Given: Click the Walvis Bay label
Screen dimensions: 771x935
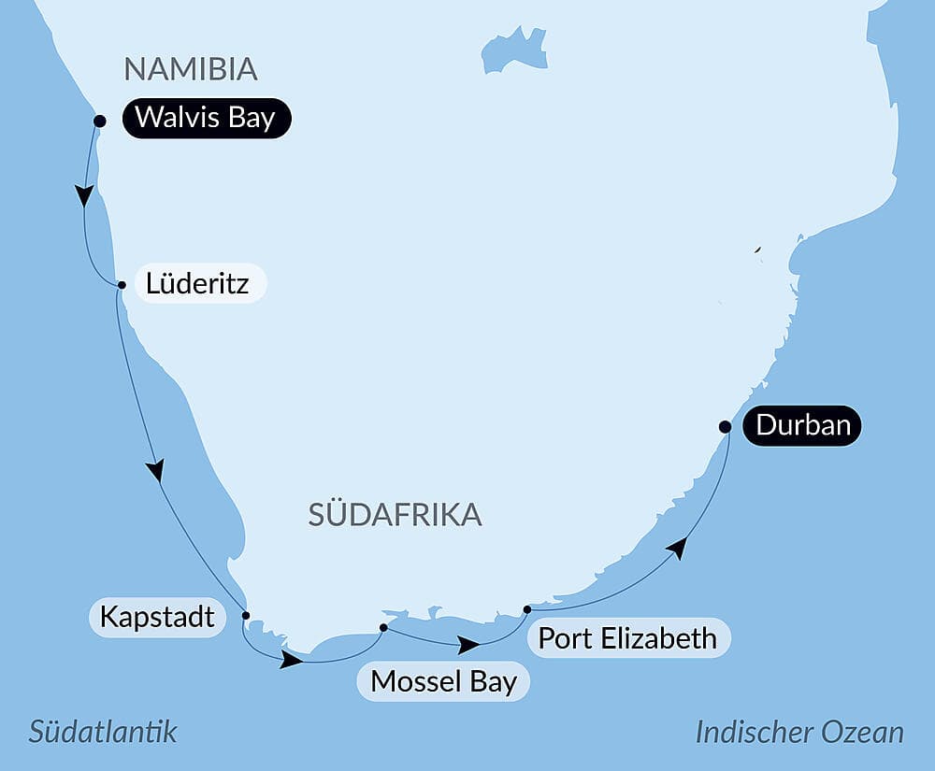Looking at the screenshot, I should [x=206, y=120].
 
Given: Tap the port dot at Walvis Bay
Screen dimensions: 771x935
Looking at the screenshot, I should [x=100, y=121].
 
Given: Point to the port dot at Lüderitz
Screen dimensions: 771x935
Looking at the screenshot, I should [x=122, y=285].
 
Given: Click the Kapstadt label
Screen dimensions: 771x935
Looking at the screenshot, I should [x=157, y=618].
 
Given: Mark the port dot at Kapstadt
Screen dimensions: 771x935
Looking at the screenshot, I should [x=246, y=615].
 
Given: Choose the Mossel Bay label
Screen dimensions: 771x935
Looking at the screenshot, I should [x=443, y=681].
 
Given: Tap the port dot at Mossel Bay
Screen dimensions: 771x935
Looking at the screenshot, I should [x=383, y=627].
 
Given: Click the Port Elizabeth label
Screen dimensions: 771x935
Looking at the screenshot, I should [x=627, y=638].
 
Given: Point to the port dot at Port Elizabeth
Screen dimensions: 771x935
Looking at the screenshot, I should [x=527, y=609].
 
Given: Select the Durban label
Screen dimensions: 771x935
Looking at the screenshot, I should [x=802, y=426].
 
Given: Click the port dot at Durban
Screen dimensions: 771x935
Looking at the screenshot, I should [x=725, y=426].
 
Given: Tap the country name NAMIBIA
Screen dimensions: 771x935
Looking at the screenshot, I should [x=191, y=69].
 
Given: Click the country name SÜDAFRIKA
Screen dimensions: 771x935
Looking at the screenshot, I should [x=395, y=514].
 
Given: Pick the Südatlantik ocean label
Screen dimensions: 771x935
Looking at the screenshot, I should [x=103, y=731].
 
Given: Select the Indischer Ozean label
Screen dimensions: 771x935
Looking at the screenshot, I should [x=799, y=732].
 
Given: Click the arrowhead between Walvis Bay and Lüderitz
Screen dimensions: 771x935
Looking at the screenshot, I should [x=84, y=195].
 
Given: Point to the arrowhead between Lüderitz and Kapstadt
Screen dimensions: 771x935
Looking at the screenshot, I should [x=156, y=470].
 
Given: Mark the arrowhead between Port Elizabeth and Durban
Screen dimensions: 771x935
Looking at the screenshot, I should [x=678, y=549].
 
